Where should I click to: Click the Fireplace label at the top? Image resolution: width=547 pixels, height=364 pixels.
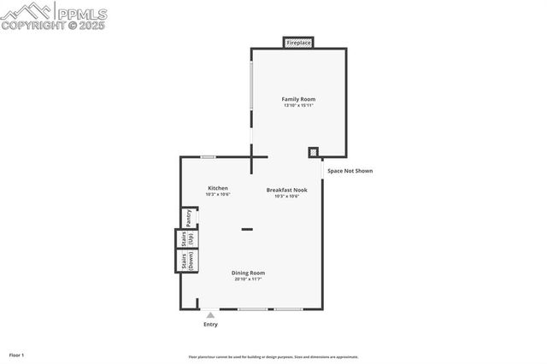(298, 42)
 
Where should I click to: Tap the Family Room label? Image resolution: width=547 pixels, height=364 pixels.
(298, 99)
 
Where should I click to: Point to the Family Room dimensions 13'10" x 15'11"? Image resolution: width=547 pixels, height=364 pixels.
(298, 105)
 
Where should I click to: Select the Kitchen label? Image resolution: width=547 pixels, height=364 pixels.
(218, 188)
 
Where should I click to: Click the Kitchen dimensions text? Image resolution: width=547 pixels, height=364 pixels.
(218, 194)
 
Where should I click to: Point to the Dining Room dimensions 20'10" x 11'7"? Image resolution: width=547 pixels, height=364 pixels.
(248, 279)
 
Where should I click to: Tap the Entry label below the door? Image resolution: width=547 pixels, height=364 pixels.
(210, 325)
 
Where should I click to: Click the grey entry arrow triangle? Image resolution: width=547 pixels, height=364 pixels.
(210, 314)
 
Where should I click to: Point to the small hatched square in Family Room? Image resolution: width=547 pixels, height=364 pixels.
(314, 152)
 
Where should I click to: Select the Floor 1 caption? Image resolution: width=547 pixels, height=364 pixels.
(17, 355)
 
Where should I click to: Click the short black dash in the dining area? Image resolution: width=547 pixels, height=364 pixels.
(247, 229)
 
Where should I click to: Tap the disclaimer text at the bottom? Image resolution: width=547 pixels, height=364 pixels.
(273, 357)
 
